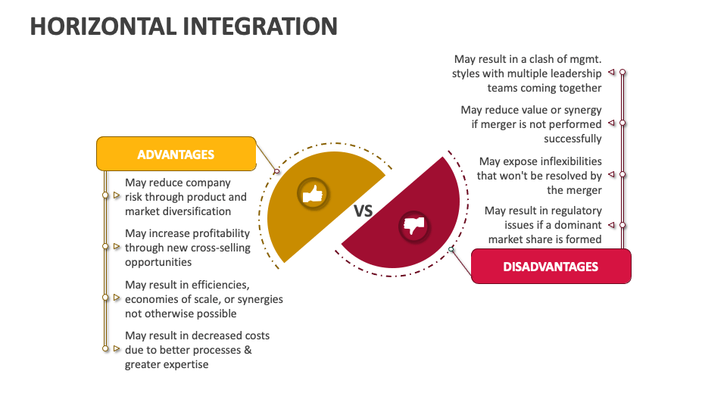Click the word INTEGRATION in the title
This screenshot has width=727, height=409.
click(260, 27)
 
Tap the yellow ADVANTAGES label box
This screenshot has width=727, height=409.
click(176, 154)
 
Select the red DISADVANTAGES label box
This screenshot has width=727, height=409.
click(551, 266)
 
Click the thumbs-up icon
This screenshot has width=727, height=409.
click(313, 194)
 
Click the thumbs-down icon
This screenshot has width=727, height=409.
click(414, 226)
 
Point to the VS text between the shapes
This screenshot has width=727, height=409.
click(363, 211)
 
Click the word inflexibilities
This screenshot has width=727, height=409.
click(571, 161)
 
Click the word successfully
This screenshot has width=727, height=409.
click(573, 139)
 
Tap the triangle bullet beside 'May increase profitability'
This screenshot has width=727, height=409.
click(117, 247)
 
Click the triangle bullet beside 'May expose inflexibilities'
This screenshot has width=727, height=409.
click(611, 174)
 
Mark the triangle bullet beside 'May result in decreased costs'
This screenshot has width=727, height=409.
click(117, 348)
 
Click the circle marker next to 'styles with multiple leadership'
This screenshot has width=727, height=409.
click(622, 73)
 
